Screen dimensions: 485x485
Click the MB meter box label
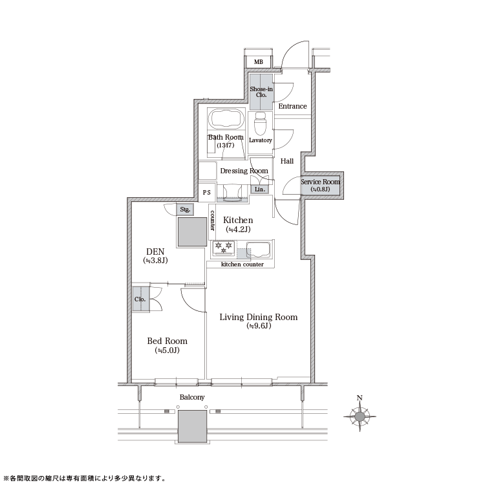(259, 62)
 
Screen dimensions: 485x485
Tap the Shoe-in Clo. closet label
(261, 92)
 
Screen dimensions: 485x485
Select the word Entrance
(292, 106)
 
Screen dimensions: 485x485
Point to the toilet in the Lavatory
(260, 123)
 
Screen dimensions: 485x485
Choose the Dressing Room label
(244, 171)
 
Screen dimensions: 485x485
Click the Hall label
(287, 161)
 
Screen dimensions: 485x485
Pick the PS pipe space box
(207, 193)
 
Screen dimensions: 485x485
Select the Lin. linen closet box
(259, 189)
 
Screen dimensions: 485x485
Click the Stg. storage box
(185, 210)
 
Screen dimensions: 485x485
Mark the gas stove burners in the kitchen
(224, 248)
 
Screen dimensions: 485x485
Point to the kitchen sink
(259, 250)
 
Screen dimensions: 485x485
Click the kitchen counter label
(242, 264)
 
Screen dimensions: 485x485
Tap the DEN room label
(155, 252)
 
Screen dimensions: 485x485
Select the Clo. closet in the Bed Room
(141, 299)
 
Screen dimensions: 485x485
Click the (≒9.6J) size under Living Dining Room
(259, 326)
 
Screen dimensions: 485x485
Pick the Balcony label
(192, 397)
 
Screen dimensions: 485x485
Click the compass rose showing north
(360, 415)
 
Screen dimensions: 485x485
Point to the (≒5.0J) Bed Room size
(167, 350)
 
